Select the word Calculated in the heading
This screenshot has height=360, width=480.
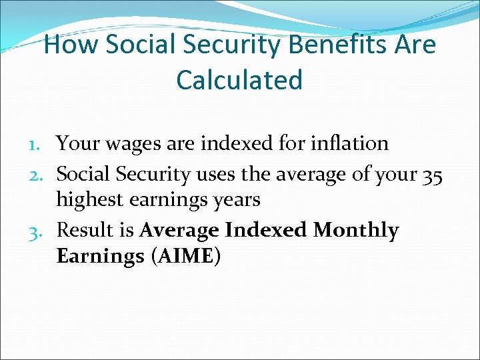pos(239,80)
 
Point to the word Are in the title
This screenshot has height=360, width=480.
pos(416,45)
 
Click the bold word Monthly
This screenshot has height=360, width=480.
pos(356,230)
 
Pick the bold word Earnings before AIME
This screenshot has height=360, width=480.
pos(100,256)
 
